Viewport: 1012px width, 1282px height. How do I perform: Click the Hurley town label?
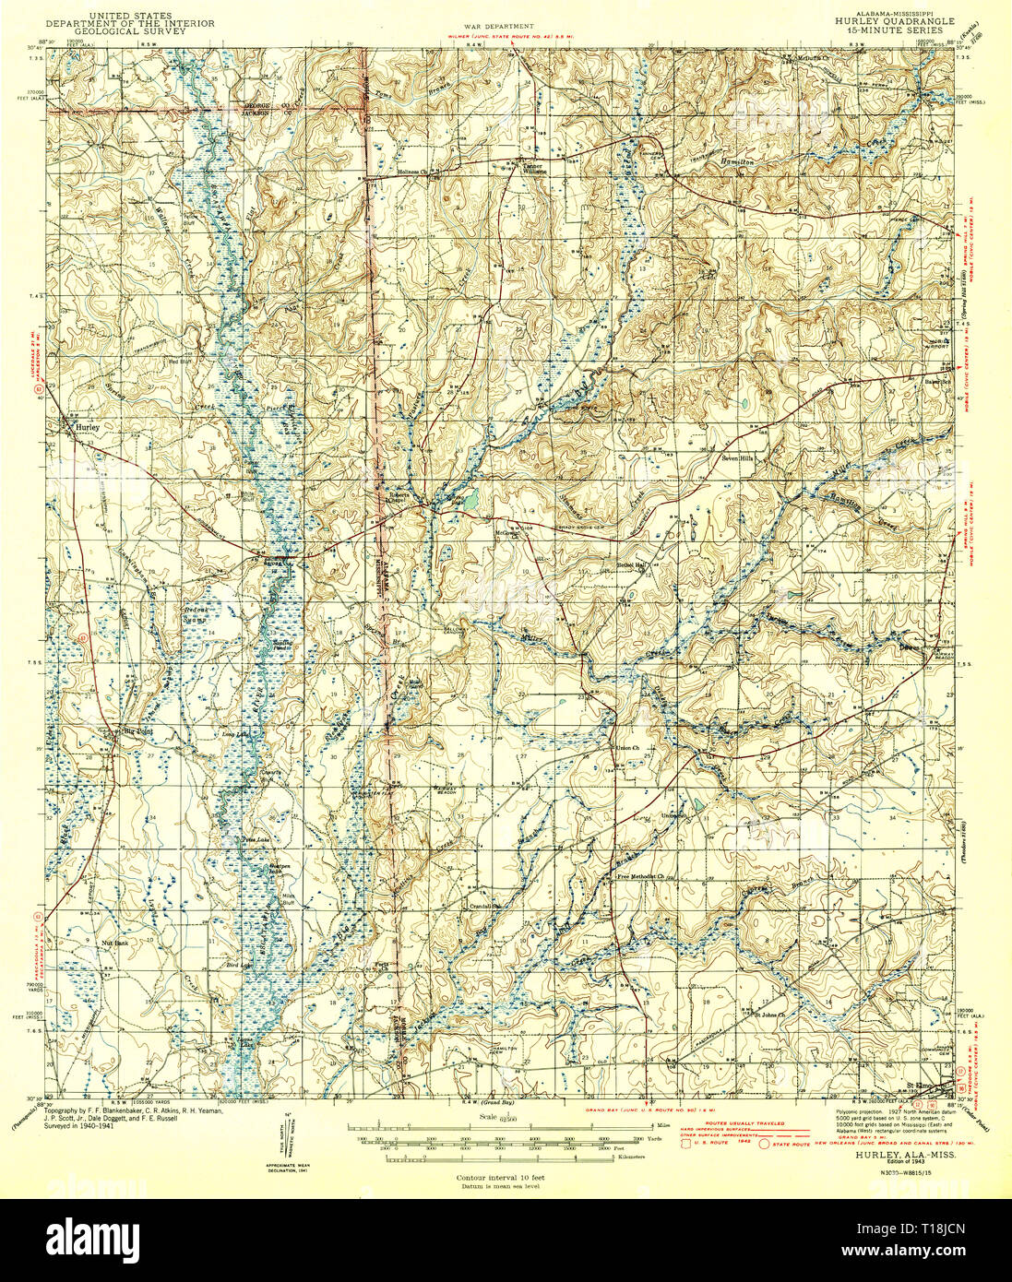point(77,429)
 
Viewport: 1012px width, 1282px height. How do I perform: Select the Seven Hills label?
point(737,457)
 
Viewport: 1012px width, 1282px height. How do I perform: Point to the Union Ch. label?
point(627,747)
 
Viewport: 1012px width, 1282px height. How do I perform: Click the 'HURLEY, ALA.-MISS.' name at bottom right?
point(905,1155)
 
